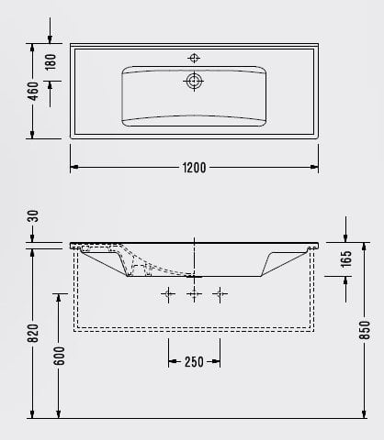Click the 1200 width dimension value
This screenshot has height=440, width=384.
[x=194, y=168]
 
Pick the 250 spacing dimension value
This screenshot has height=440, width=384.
[x=194, y=361]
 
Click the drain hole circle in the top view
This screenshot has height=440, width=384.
[x=194, y=82]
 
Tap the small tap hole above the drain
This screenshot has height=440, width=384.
[x=194, y=57]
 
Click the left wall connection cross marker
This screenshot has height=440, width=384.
[x=168, y=294]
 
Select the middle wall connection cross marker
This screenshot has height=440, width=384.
[x=194, y=294]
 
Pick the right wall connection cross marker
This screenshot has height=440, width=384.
[x=220, y=294]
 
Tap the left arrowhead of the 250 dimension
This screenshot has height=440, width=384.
[x=172, y=361]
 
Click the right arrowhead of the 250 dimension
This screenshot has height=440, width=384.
[x=216, y=361]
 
